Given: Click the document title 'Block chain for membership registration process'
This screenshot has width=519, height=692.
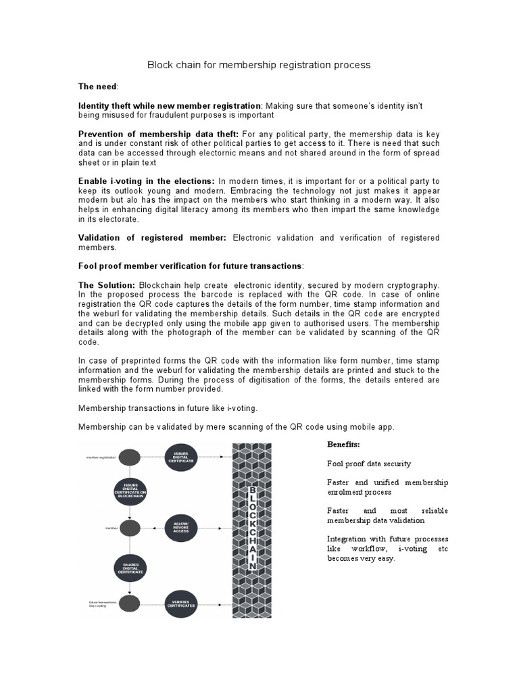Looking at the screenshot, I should coord(259,65).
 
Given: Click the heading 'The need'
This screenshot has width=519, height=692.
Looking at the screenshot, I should coord(98,86).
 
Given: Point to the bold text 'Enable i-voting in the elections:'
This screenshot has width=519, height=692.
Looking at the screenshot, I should coord(147,181).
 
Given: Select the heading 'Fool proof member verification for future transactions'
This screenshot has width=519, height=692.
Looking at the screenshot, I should coord(191,266).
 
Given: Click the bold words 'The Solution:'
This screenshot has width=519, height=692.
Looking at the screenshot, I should coord(107,286).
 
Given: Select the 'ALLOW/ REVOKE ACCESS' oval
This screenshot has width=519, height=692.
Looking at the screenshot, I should coord(181,526).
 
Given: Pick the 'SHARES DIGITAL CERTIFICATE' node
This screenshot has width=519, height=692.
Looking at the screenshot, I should coord(130,566).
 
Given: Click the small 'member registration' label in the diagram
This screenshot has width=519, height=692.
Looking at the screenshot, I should coord(101,458).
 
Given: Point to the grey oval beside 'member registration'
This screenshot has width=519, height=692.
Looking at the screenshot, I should coord(130,458).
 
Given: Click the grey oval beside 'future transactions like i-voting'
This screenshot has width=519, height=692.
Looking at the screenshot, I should coord(130,603).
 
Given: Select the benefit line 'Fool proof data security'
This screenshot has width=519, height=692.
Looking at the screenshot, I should coord(368,464).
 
